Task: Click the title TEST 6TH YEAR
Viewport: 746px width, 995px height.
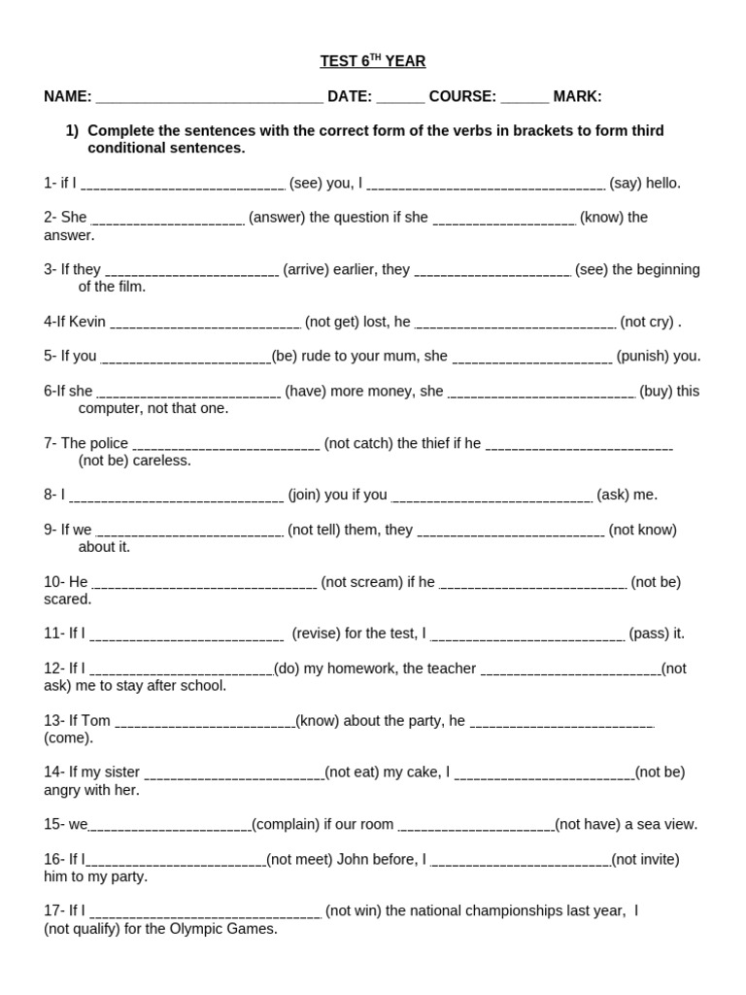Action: pos(373,61)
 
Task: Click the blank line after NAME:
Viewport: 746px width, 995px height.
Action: pos(210,98)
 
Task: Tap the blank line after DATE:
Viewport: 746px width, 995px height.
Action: pos(400,98)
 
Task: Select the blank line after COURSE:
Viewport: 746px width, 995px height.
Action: pos(525,98)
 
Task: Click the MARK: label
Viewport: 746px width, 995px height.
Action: pos(577,96)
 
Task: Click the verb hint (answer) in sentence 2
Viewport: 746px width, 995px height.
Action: pos(277,218)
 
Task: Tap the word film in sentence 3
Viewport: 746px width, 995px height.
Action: pos(131,287)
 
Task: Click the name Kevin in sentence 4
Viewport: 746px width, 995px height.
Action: pos(87,322)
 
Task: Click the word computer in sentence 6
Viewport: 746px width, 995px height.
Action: pos(110,408)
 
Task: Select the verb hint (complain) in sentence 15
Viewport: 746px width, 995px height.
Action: pos(286,824)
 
